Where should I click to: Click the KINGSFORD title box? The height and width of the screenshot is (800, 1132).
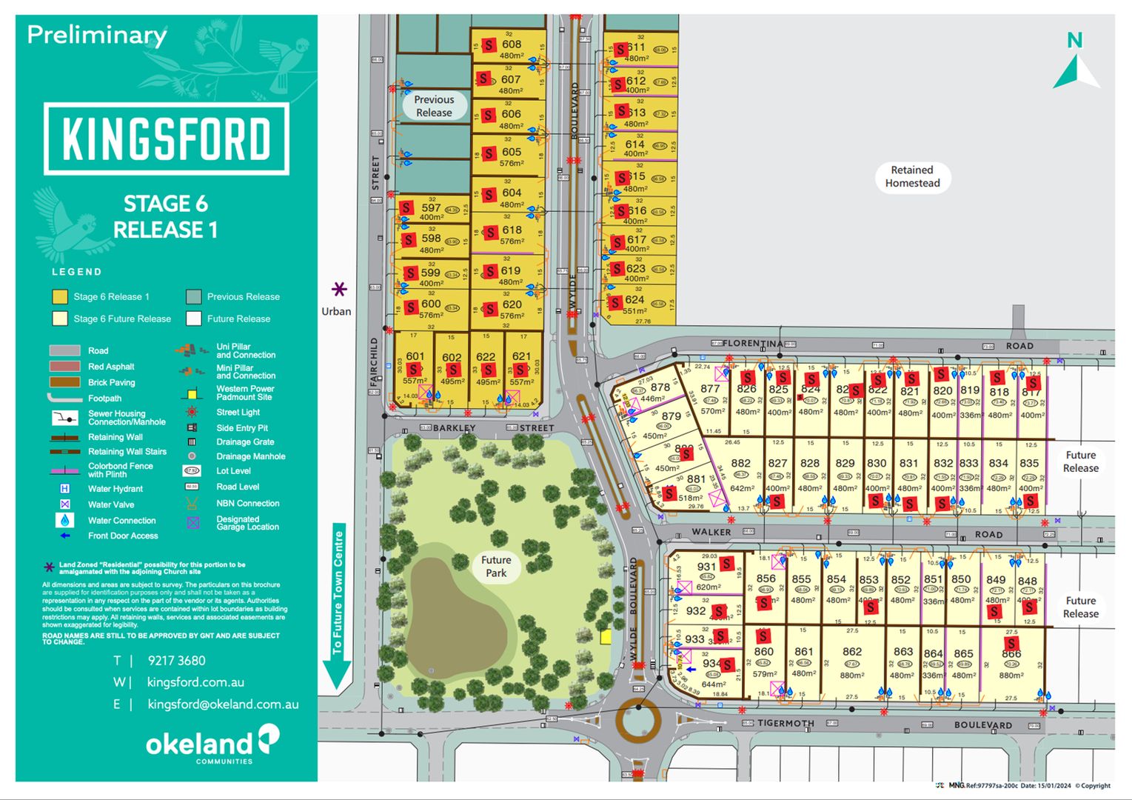(x=166, y=139)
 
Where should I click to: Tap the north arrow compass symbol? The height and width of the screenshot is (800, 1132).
(x=1076, y=63)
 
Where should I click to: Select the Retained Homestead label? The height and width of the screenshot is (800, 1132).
(x=912, y=177)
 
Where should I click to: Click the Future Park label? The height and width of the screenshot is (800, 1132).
(x=496, y=567)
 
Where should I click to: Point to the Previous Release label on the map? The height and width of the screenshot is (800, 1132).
(x=434, y=106)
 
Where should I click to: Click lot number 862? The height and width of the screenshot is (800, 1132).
(x=852, y=652)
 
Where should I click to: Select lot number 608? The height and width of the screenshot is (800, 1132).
(x=512, y=44)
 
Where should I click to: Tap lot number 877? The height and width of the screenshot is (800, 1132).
(x=710, y=389)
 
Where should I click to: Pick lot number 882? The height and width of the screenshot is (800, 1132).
(x=740, y=464)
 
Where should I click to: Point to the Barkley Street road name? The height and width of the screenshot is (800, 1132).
(x=455, y=428)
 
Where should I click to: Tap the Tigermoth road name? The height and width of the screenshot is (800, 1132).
(x=786, y=723)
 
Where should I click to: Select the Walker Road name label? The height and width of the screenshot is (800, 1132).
(x=711, y=532)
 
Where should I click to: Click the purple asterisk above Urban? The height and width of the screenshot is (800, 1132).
(x=339, y=289)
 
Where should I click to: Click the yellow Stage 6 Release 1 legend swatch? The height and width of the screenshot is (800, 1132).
(x=60, y=297)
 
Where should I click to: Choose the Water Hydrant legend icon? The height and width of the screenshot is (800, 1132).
(x=65, y=489)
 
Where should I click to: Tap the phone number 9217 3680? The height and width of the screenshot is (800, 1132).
(x=176, y=661)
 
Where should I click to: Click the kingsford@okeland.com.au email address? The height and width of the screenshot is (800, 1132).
(x=223, y=704)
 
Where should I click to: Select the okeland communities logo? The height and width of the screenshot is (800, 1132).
(x=212, y=744)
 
